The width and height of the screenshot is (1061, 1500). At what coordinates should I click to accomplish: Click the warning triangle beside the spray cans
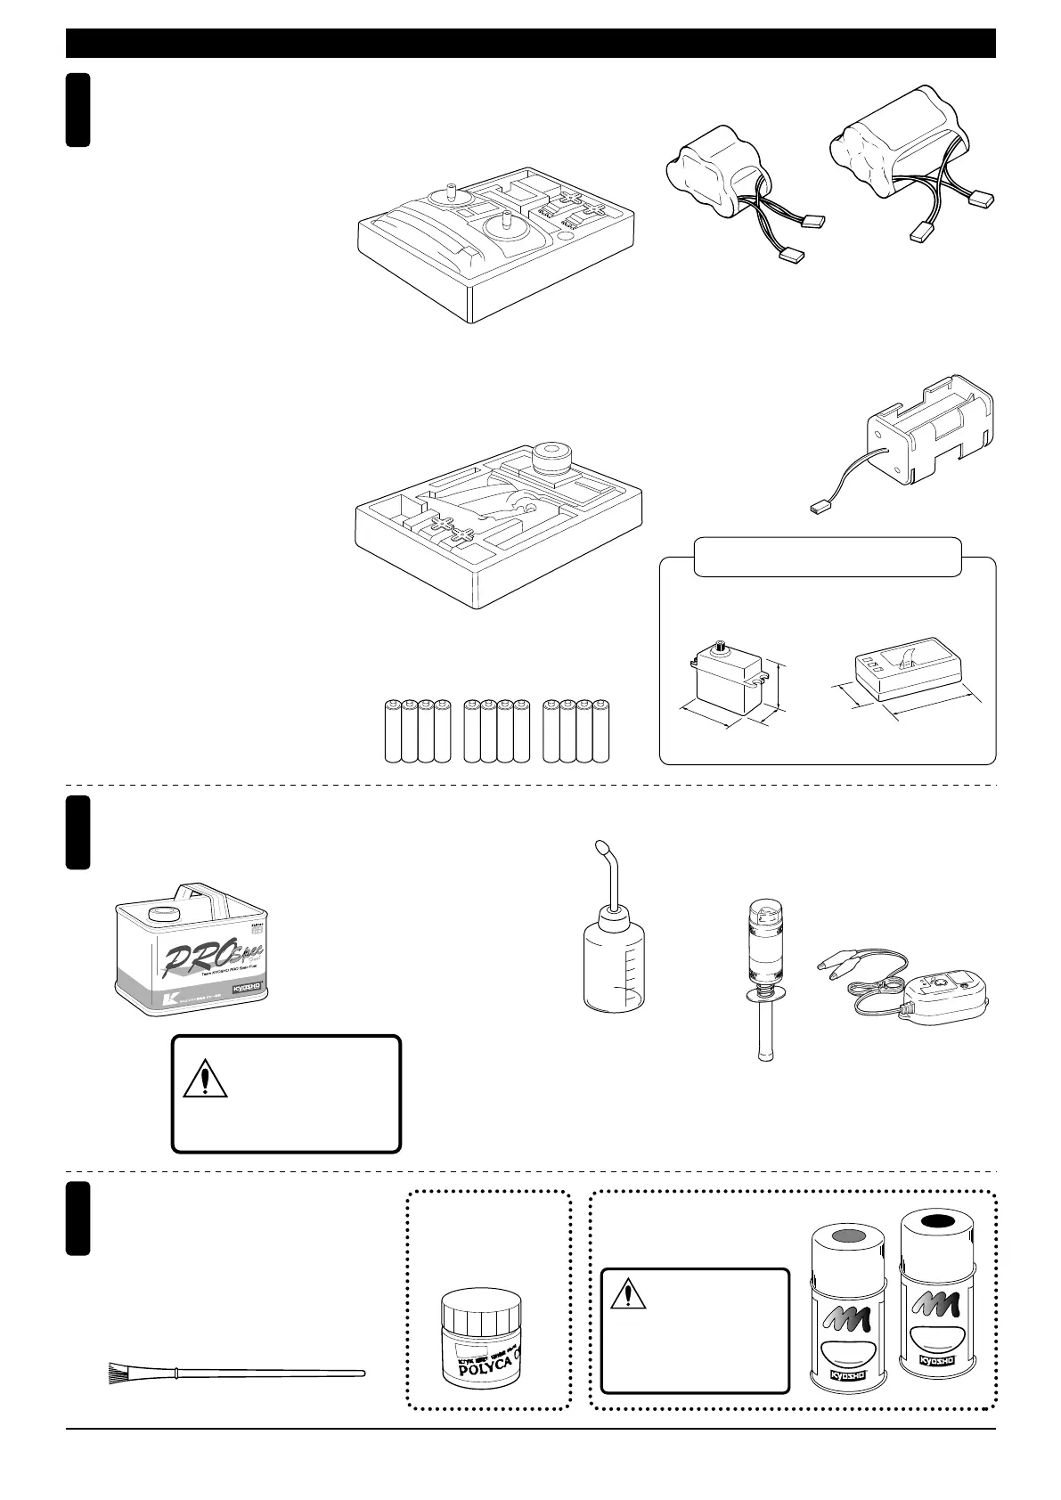pos(628,1294)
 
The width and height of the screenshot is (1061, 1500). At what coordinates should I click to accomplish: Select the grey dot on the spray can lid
pos(848,1235)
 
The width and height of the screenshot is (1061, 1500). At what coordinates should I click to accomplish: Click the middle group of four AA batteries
pos(497,731)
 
